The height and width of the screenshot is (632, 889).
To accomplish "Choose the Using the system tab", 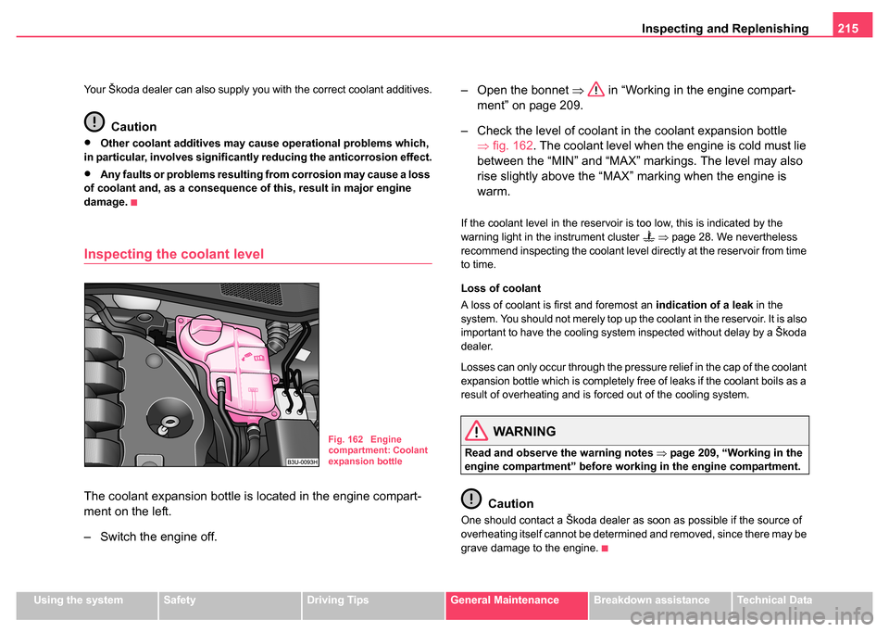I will coord(82,600).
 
